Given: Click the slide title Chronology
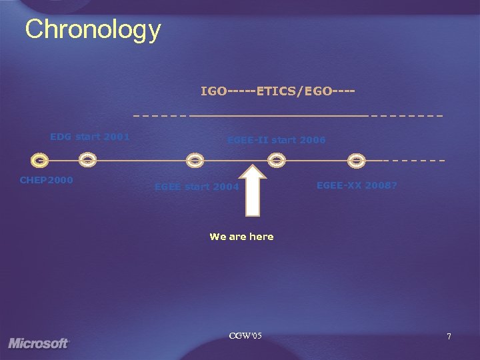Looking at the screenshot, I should [x=93, y=29].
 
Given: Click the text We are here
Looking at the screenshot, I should [x=241, y=237].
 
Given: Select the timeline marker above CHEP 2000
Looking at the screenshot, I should [x=40, y=161].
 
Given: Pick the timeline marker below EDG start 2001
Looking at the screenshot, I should [x=87, y=160].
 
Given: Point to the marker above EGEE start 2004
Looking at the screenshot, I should [x=194, y=160].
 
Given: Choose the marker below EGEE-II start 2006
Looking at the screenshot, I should [x=276, y=160].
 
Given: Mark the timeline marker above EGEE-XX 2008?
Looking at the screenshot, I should [x=357, y=160].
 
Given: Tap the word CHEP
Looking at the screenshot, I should [x=33, y=180].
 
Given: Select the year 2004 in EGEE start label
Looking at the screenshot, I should [x=225, y=187].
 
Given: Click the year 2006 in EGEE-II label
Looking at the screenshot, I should [x=313, y=140].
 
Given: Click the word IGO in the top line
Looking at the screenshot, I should [x=213, y=91].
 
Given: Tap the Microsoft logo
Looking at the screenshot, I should [x=39, y=343].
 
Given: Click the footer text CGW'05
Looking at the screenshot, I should [x=245, y=335].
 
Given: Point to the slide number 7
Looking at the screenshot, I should [x=449, y=337].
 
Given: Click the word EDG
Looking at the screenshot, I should [x=61, y=137].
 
